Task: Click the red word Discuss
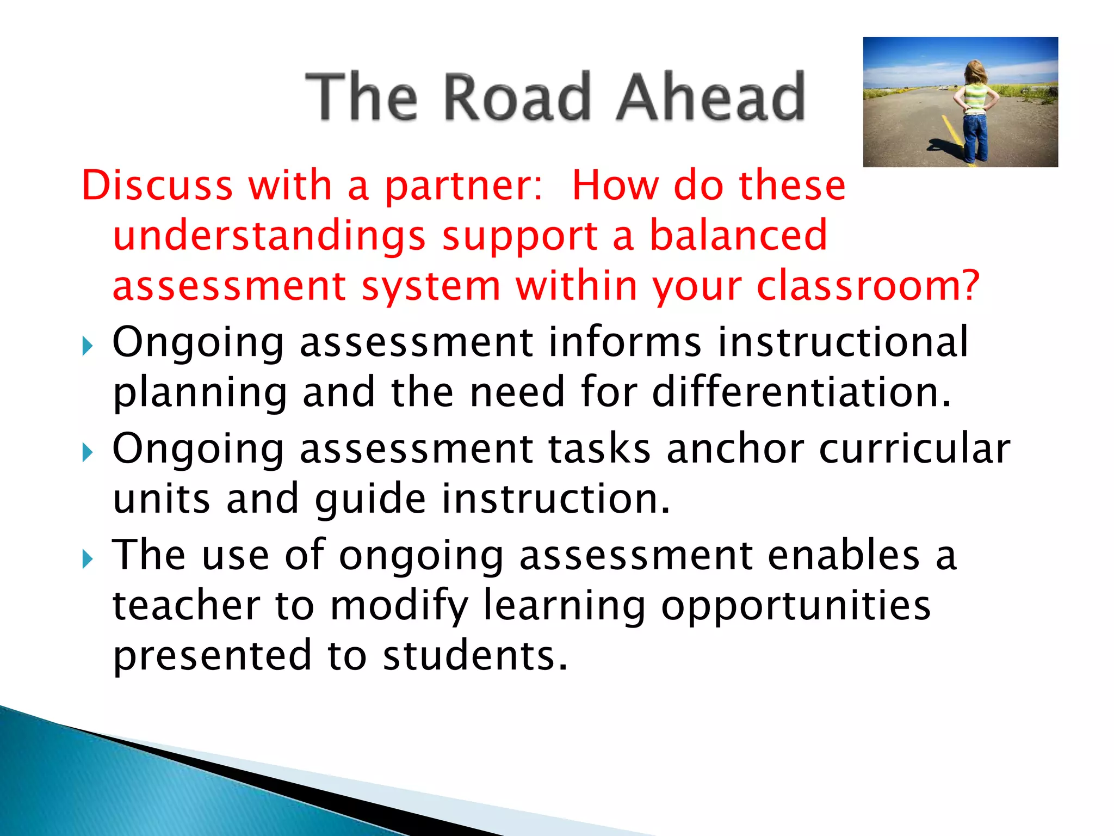157,186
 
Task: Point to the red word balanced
738,236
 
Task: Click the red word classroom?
868,287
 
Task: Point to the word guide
370,500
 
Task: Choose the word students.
475,656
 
